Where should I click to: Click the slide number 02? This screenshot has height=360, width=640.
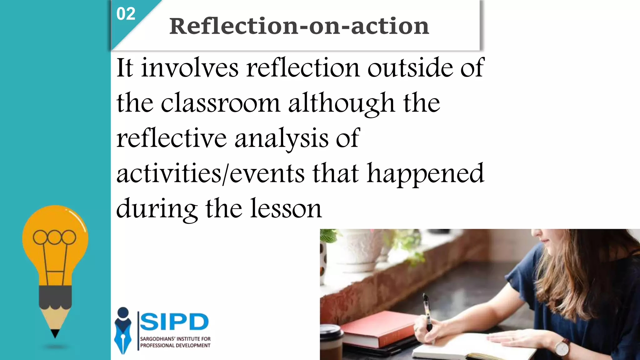pos(126,14)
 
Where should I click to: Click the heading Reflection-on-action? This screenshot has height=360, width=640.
pos(299,26)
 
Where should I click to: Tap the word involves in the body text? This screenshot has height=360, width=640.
pos(190,68)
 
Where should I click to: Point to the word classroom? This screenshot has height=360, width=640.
pos(220,103)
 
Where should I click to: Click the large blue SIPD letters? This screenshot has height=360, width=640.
pos(174,322)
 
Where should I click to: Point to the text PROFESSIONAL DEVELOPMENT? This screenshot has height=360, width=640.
pos(175,346)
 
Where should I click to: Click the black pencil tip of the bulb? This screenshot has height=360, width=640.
pos(55,333)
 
